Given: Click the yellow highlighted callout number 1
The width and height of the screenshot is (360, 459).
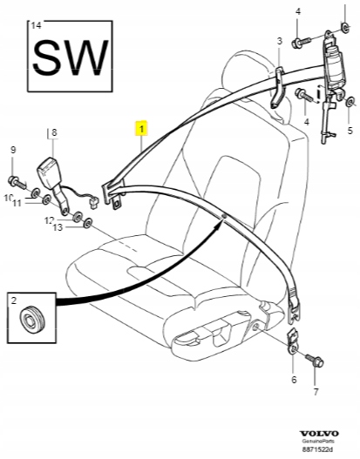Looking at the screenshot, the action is coord(142,129).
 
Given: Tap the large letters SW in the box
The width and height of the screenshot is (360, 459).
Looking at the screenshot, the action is coord(71,57).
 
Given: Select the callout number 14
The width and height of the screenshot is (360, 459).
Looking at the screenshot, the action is coord(36,26).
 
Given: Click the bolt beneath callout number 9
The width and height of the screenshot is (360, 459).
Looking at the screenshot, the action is coord(17,182).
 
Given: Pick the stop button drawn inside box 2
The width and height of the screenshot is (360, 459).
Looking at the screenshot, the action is coord(32,320).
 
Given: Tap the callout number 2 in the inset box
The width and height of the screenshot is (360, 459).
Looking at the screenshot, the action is coord(14,300).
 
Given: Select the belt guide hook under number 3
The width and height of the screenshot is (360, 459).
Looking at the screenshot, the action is coord(278,87).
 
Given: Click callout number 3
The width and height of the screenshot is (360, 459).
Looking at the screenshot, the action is coord(280,41).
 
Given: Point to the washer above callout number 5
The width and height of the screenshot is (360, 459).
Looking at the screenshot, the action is coord(350,103).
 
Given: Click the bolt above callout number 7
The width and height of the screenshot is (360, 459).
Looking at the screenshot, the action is coord(315,361).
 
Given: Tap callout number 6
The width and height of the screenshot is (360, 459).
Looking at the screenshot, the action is coord(294,380).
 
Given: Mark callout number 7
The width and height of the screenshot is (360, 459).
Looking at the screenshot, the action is coord(316,392).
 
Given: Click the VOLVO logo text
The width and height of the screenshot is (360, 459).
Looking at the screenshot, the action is coord(319,434).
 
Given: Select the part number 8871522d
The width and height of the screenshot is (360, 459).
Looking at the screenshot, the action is coord(319,449).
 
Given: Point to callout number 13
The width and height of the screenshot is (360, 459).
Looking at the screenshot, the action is coord(58,226).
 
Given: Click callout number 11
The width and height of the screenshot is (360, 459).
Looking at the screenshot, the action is coord(17,203).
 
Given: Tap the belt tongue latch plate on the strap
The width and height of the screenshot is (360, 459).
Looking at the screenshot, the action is coord(112,195).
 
